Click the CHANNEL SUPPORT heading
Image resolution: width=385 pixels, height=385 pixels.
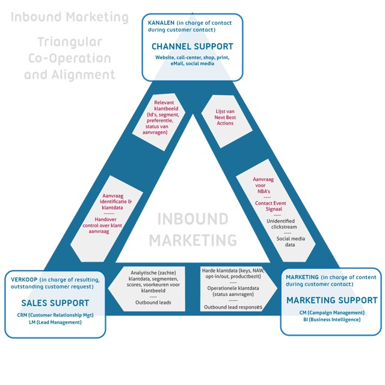[x=192, y=46]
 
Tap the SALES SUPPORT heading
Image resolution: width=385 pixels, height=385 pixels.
[x=55, y=303]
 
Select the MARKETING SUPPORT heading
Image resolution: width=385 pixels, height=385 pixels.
[x=332, y=300]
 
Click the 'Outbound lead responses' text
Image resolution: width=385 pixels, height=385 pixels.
[x=233, y=307]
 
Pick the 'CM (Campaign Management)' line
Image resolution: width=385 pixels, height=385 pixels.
[x=332, y=312]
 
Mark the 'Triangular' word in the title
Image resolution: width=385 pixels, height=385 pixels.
[x=69, y=43]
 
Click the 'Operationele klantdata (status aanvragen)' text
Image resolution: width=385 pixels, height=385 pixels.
[x=233, y=290]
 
